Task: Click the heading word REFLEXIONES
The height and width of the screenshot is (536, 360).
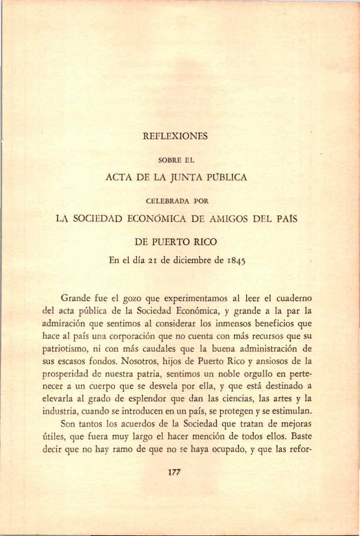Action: coord(180,136)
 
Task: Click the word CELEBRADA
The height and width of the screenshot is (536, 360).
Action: coord(167,201)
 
